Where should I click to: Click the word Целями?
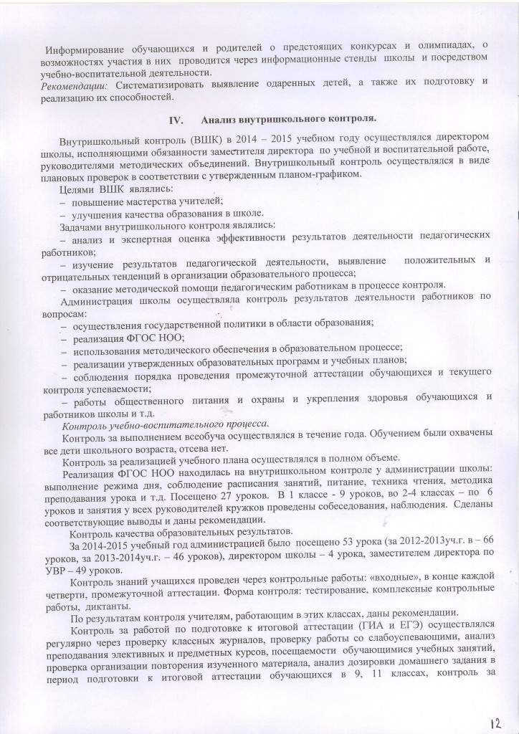tap(78, 189)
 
